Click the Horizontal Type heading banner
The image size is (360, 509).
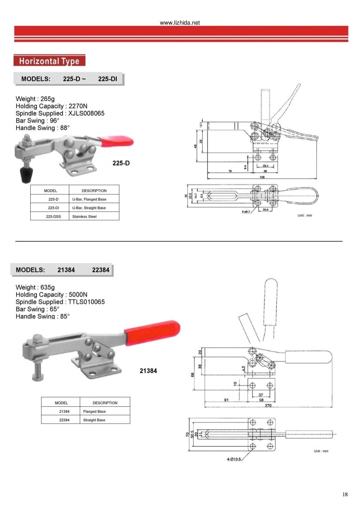pos(49,61)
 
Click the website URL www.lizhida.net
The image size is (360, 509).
pos(180,22)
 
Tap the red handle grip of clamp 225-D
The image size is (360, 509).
pos(116,141)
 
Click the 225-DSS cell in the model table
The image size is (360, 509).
pos(53,217)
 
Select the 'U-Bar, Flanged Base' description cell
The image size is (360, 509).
pos(89,199)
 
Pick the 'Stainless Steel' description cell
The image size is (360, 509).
pos(84,217)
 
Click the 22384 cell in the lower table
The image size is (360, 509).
pos(64,420)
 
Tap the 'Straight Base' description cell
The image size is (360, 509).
pos(94,420)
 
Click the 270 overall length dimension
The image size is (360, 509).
pos(268,405)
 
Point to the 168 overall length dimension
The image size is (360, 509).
pos(262,177)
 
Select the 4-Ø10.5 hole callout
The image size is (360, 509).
pos(234,459)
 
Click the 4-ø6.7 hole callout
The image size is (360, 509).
pos(246,212)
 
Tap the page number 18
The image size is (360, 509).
pos(345,494)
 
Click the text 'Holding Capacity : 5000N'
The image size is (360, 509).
pos(51,295)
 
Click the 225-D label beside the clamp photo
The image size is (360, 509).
pos(121,163)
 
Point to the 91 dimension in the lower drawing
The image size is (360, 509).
pos(226,400)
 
